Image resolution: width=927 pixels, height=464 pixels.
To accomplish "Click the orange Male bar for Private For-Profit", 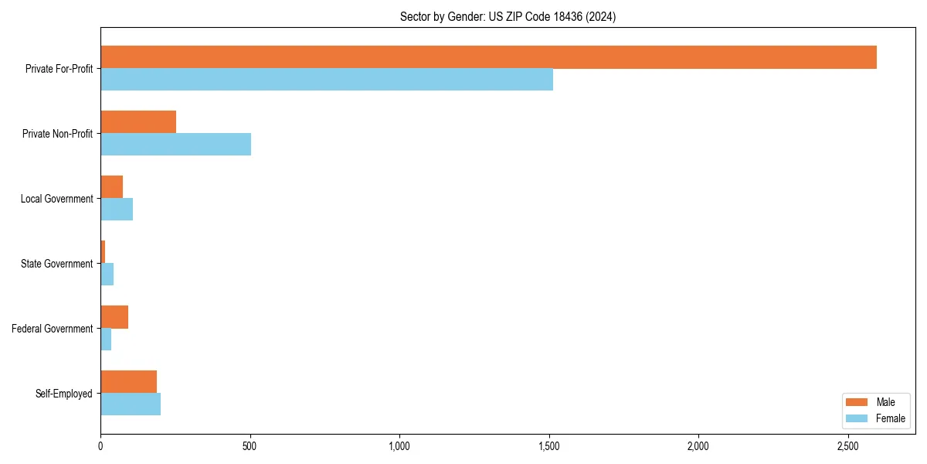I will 488,57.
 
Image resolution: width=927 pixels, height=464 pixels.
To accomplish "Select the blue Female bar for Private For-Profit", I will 327,80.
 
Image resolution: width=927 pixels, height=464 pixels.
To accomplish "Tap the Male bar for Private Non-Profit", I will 138,122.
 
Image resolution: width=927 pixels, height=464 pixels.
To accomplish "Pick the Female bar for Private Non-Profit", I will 175,145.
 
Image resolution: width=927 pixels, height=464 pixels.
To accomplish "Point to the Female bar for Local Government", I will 117,210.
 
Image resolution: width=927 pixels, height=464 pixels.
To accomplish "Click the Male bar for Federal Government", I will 114,317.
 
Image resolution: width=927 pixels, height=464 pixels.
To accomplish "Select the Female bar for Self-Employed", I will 131,404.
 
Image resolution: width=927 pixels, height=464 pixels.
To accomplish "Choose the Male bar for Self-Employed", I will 128,382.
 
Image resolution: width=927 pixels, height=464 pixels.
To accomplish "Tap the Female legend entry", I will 876,418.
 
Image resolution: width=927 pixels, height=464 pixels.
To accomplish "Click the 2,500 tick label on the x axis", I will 848,446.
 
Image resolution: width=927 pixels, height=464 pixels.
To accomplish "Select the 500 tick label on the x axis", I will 250,446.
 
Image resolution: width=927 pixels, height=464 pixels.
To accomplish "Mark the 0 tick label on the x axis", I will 100,446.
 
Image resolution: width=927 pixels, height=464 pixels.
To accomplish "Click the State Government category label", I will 56,264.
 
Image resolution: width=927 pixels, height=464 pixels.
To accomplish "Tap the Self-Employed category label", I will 63,394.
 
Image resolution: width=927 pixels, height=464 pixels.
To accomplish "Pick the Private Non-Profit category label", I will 57,134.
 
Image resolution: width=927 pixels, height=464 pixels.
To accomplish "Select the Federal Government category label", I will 53,329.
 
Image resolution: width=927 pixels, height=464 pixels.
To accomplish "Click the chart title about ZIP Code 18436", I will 508,16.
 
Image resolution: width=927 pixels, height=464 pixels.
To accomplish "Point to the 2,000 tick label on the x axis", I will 698,446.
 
